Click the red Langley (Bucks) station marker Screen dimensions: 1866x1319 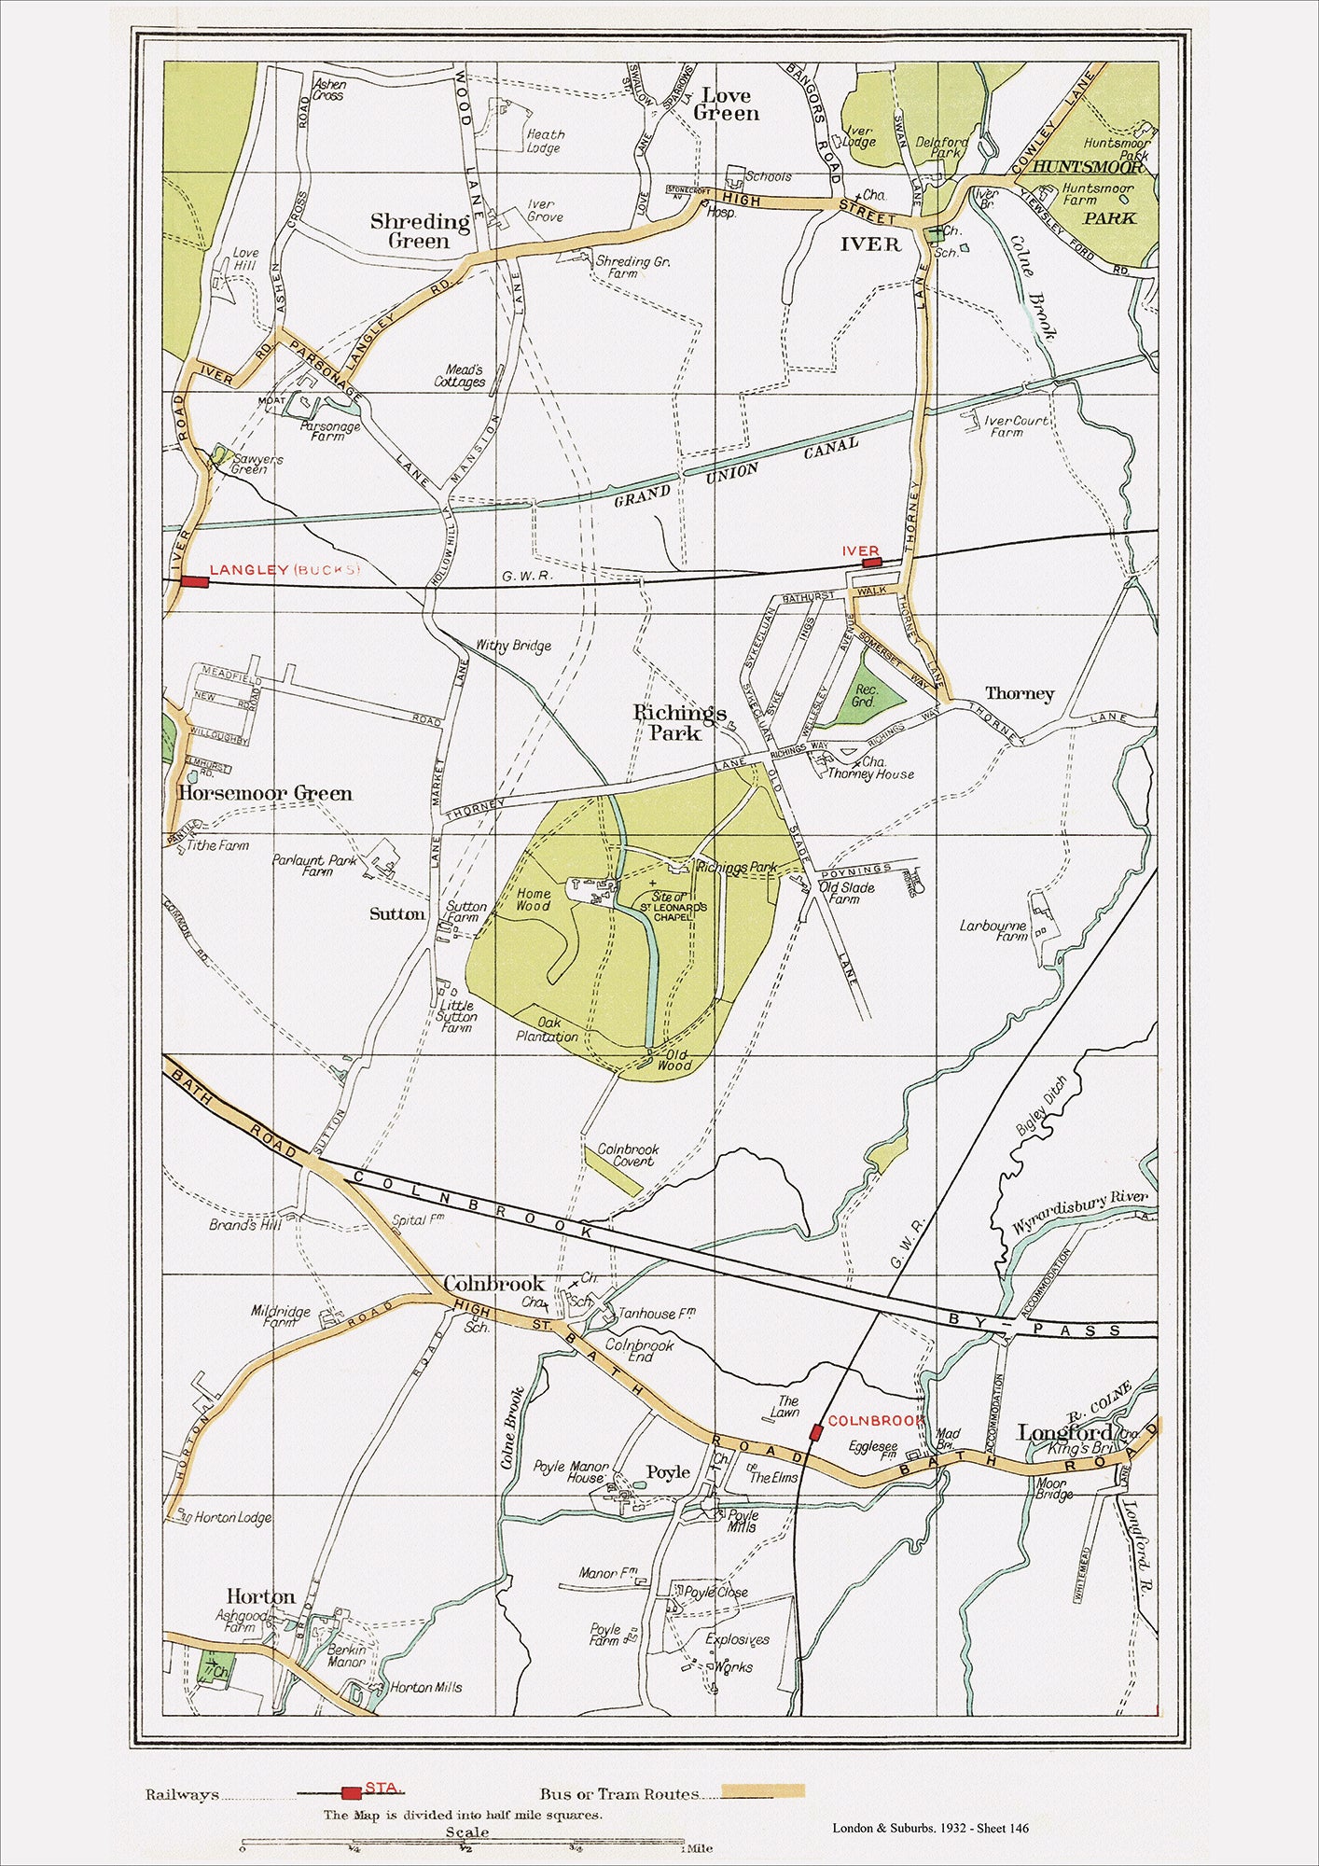click(194, 581)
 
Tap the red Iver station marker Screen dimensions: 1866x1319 click(870, 563)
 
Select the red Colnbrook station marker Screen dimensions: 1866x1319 click(816, 1431)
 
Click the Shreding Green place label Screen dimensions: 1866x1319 click(419, 230)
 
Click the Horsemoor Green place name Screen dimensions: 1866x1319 click(265, 794)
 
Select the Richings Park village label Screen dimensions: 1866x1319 click(679, 723)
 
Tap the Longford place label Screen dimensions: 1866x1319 click(1064, 1432)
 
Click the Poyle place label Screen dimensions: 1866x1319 click(668, 1472)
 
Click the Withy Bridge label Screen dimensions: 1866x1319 click(513, 645)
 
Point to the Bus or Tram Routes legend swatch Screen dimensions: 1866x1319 click(763, 1791)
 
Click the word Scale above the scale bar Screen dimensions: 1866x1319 click(466, 1831)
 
